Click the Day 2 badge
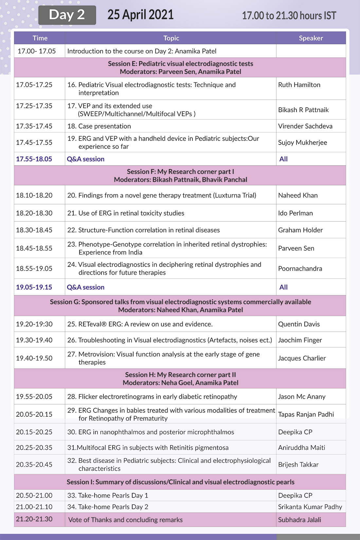67,15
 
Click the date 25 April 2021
140,15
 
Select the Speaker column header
311,38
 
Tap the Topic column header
171,38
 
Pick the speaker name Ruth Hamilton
299,85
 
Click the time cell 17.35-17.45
34,126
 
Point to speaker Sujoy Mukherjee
302,142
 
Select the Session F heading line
180,171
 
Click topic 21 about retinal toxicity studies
126,213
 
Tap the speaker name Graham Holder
300,230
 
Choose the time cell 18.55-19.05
34,269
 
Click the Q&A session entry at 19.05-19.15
85,287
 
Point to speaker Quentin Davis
299,324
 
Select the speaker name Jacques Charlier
302,358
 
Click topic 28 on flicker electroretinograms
152,397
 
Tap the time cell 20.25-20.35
34,447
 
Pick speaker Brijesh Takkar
298,464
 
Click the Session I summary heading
180,482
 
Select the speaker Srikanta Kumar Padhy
310,507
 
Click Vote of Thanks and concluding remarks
125,520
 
